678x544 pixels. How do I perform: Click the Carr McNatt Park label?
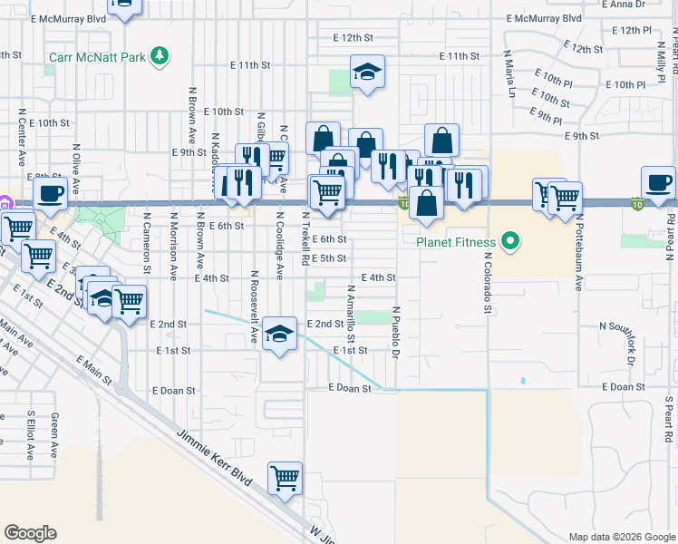[97, 57]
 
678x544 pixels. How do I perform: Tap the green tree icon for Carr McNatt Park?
[160, 56]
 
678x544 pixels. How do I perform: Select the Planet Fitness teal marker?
[509, 241]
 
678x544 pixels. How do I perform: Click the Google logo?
[30, 533]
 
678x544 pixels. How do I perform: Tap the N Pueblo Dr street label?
[396, 333]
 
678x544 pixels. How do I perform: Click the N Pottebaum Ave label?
[576, 257]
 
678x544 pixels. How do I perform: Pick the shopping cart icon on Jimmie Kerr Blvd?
[285, 477]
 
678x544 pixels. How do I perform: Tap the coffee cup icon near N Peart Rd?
[658, 181]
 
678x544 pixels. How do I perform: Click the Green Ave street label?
[55, 434]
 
